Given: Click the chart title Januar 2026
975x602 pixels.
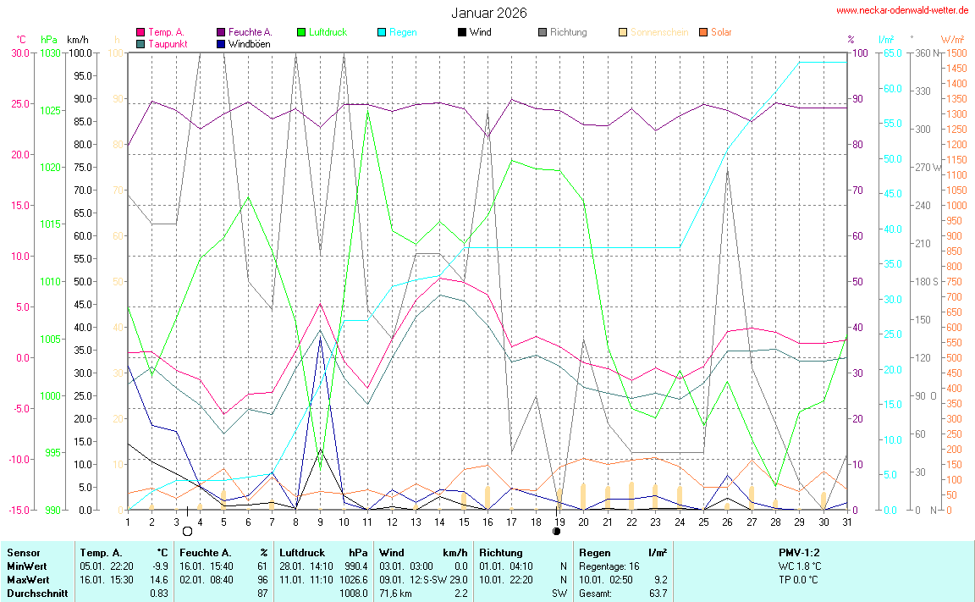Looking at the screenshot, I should pos(488,13).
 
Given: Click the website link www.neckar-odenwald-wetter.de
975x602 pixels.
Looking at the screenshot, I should pos(902,10).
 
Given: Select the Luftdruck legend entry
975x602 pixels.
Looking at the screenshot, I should pos(328,32).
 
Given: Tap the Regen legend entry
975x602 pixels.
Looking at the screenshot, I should pos(402,32).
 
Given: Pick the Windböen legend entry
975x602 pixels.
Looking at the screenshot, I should pos(249,43).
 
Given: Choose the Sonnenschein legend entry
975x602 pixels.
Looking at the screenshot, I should pos(658,32).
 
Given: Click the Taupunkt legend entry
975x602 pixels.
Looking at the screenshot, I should pos(168,43).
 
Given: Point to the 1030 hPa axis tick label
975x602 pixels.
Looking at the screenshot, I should pos(50,52).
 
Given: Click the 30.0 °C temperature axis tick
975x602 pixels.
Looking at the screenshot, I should pos(19,52).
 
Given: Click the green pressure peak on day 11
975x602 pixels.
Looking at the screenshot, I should pos(367,108).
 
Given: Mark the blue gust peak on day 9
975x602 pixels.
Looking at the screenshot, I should pos(320,337).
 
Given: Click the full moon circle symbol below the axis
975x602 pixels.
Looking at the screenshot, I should pos(187,531).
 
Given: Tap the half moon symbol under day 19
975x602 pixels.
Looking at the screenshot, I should pos(556,531).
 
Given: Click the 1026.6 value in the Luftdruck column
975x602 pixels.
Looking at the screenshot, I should pos(357,580).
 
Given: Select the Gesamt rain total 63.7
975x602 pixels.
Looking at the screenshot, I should pos(657,593).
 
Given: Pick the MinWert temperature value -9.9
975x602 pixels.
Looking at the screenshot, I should pos(159,566).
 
